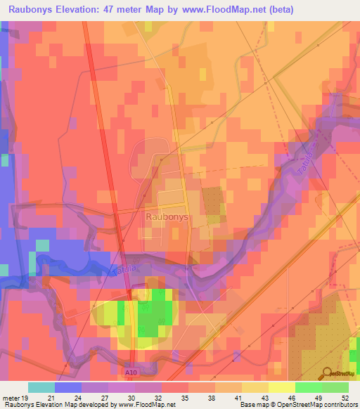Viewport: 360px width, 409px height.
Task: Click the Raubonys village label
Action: click(x=167, y=217)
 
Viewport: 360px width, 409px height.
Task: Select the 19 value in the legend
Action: click(x=26, y=398)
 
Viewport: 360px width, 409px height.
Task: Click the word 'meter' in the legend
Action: click(x=10, y=398)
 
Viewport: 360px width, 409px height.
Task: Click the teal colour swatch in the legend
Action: click(x=41, y=387)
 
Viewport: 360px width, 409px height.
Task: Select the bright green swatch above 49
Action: click(x=309, y=387)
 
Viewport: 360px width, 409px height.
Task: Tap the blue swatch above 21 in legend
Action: click(x=68, y=387)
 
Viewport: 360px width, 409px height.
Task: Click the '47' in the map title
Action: click(x=112, y=9)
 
